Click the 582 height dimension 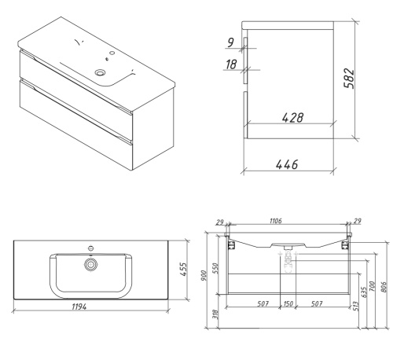pyautogui.click(x=349, y=79)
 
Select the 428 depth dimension pyautogui.click(x=293, y=118)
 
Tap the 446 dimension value pyautogui.click(x=287, y=164)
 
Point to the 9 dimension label pyautogui.click(x=230, y=42)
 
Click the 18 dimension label pyautogui.click(x=231, y=64)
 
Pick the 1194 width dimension pyautogui.click(x=79, y=307)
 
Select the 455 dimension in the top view pyautogui.click(x=183, y=269)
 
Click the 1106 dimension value pyautogui.click(x=276, y=221)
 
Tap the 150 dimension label pyautogui.click(x=288, y=303)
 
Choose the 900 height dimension pyautogui.click(x=204, y=276)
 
